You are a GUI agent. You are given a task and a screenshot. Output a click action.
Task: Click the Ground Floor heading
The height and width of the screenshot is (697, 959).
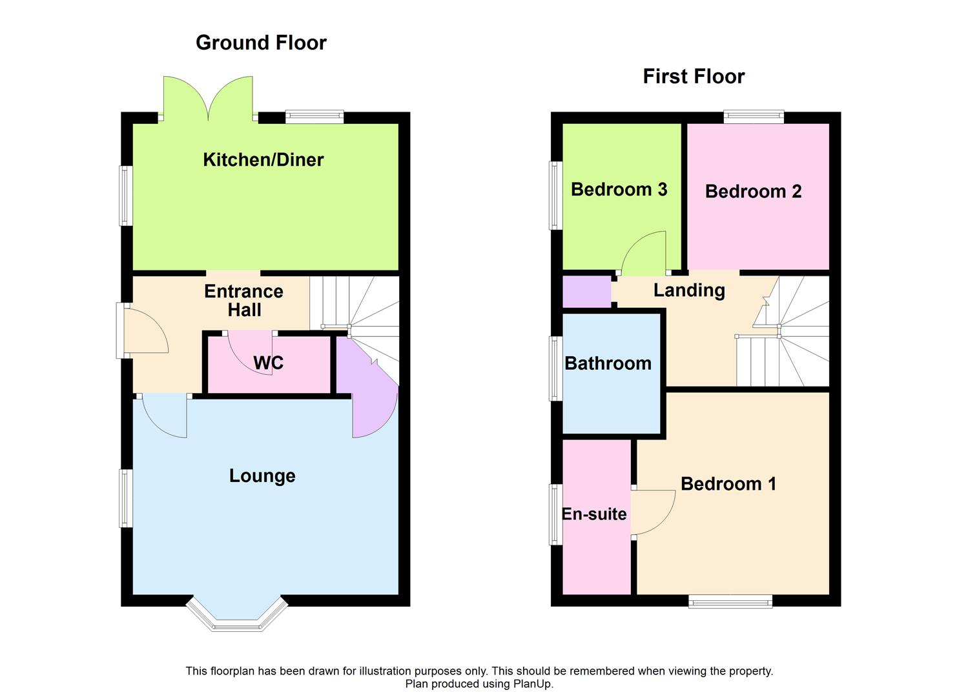click(x=261, y=43)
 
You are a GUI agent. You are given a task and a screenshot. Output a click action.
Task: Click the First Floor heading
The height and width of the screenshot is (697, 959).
click(x=694, y=76)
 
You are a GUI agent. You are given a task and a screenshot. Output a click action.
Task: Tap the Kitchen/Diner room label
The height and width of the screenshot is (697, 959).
click(x=263, y=159)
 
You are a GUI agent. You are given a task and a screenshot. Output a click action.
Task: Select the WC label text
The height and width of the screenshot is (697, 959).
click(x=268, y=363)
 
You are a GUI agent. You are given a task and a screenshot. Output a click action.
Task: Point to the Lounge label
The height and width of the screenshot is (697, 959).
click(x=262, y=476)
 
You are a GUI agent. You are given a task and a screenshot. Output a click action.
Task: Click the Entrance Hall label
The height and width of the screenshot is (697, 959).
click(x=243, y=300)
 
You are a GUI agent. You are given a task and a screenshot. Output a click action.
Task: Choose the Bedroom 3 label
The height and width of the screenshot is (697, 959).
click(x=619, y=189)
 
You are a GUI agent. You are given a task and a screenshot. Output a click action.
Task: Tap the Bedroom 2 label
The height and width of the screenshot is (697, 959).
click(x=753, y=191)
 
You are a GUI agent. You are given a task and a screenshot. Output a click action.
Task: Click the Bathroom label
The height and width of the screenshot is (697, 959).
click(x=608, y=363)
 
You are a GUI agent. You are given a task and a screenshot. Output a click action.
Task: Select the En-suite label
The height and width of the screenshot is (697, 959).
click(x=594, y=514)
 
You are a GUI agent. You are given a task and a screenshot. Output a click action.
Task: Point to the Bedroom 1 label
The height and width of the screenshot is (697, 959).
click(x=728, y=483)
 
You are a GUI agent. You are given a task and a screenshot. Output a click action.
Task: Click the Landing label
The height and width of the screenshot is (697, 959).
click(x=689, y=290)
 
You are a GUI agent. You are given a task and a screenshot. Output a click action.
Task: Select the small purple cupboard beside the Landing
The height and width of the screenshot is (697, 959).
click(x=586, y=292)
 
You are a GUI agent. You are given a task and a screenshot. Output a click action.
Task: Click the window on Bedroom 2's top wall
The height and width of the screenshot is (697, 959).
click(x=754, y=117)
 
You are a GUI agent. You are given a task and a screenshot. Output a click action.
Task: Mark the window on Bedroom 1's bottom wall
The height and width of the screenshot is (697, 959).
click(x=730, y=601)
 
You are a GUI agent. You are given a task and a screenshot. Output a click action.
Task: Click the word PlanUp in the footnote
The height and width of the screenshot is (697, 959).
click(x=532, y=684)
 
